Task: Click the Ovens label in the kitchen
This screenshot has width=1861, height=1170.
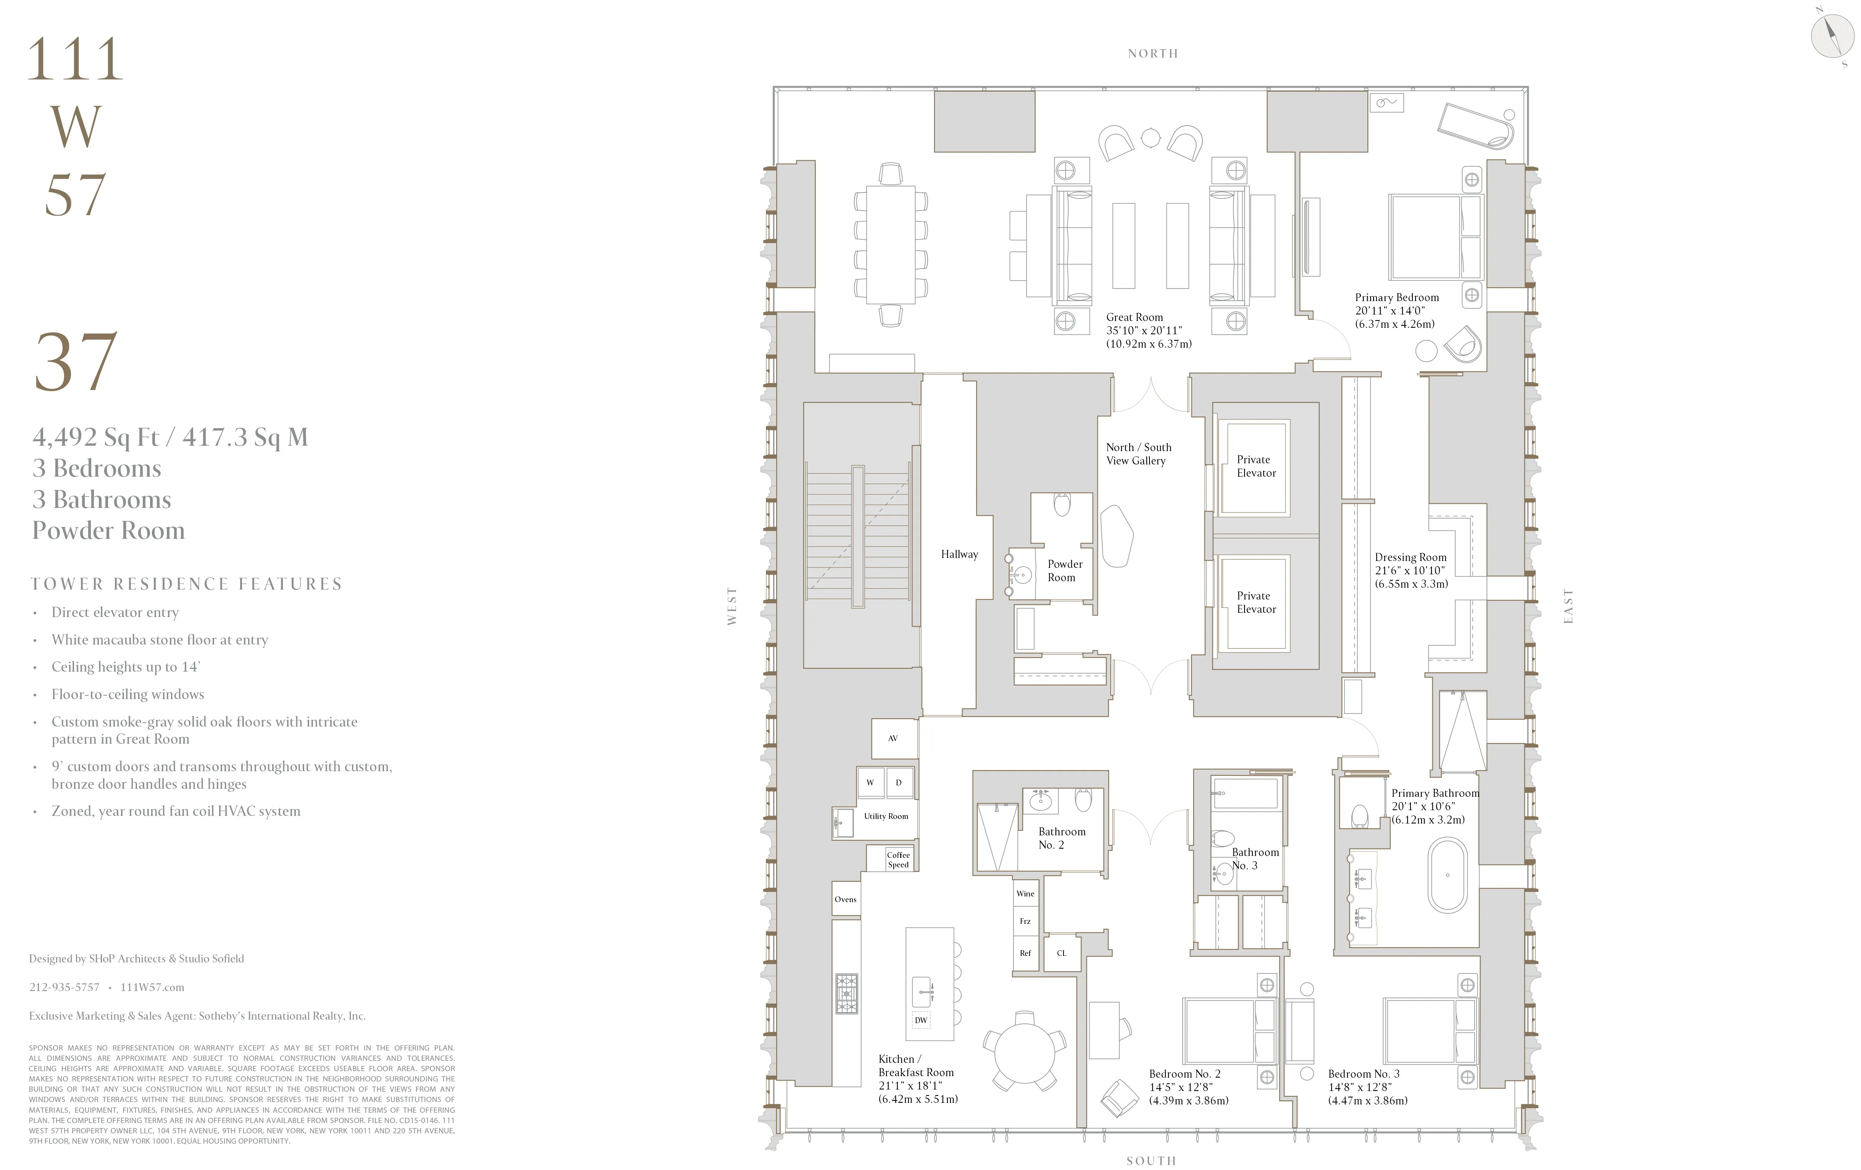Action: click(846, 899)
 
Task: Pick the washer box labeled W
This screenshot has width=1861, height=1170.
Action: click(870, 783)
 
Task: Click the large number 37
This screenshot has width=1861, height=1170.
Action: click(76, 362)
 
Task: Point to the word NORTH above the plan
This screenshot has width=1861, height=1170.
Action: click(1152, 53)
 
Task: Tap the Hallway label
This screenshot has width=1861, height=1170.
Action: click(959, 554)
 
